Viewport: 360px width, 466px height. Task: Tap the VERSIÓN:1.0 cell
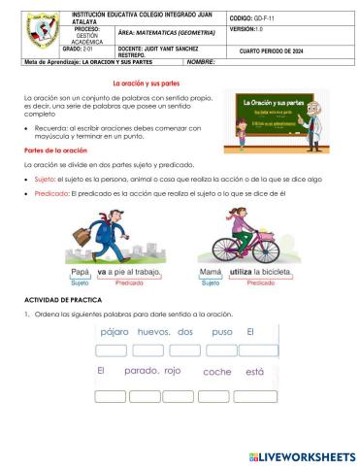pyautogui.click(x=248, y=31)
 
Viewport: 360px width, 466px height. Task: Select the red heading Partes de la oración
pyautogui.click(x=56, y=150)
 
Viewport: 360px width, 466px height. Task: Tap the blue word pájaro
pyautogui.click(x=115, y=331)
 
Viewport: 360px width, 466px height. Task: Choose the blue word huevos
pyautogui.click(x=153, y=331)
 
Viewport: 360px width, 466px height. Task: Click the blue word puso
pyautogui.click(x=221, y=331)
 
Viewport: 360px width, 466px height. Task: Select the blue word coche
pyautogui.click(x=217, y=372)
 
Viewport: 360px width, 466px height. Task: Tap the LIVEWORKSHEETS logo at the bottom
pyautogui.click(x=302, y=455)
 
